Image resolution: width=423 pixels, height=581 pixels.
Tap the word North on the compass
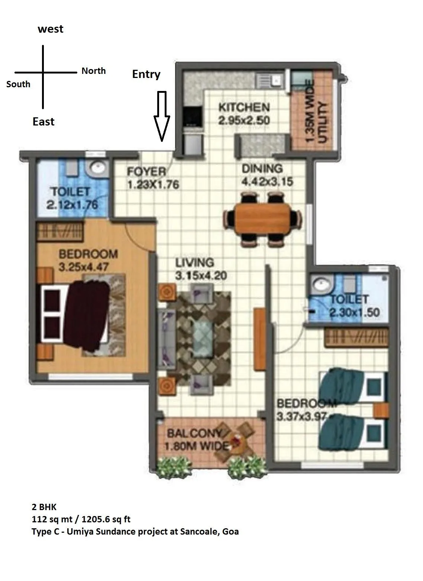pos(94,71)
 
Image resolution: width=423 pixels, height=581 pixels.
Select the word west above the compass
pos(51,29)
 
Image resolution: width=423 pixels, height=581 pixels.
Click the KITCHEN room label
pos(244,108)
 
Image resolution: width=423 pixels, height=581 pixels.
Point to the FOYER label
pos(146,172)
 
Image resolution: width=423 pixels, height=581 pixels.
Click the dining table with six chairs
pos(262,219)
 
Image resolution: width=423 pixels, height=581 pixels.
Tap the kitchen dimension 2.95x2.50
pos(244,120)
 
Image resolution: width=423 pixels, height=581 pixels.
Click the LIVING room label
pos(195,263)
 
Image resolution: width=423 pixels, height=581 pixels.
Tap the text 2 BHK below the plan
pos(44,507)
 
